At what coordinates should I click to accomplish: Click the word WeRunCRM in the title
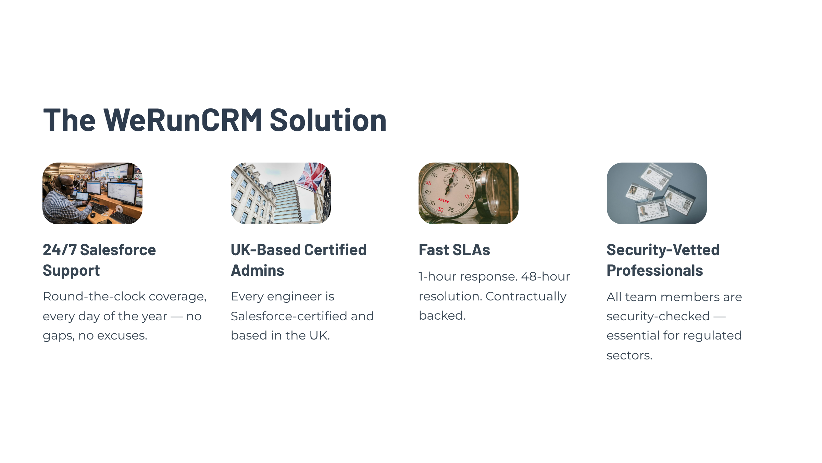pos(183,120)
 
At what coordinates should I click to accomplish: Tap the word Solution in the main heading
pos(328,120)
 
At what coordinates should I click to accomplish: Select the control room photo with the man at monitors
pos(92,193)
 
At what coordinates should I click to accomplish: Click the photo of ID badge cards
pos(657,193)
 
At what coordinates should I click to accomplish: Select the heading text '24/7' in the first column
pos(60,250)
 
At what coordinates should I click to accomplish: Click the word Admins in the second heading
pos(258,270)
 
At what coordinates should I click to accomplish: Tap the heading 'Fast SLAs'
pos(454,250)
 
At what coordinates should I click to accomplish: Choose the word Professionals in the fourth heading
pos(655,270)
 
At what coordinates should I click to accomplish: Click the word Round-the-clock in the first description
pos(94,296)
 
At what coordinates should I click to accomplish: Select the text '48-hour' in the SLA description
pos(546,276)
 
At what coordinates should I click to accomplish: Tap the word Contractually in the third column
pos(526,296)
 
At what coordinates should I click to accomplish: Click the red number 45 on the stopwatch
pos(428,183)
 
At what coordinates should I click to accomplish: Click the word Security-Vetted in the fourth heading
pos(663,250)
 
